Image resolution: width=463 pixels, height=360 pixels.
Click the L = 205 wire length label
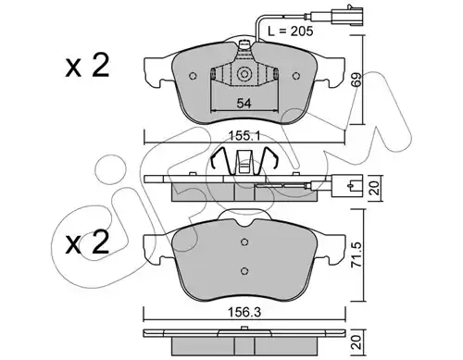pos(290,31)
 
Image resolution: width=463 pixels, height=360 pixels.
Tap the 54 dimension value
pos(244,104)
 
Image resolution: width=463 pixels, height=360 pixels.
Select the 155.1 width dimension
pos(244,136)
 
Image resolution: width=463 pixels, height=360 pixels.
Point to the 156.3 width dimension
pos(244,313)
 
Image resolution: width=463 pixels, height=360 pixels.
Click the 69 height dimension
pos(356,80)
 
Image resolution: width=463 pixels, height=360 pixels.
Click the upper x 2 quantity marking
pos(87,66)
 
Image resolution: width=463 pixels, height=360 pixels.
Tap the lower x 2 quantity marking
pos(87,242)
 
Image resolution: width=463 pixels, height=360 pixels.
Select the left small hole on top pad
pos(193,76)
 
